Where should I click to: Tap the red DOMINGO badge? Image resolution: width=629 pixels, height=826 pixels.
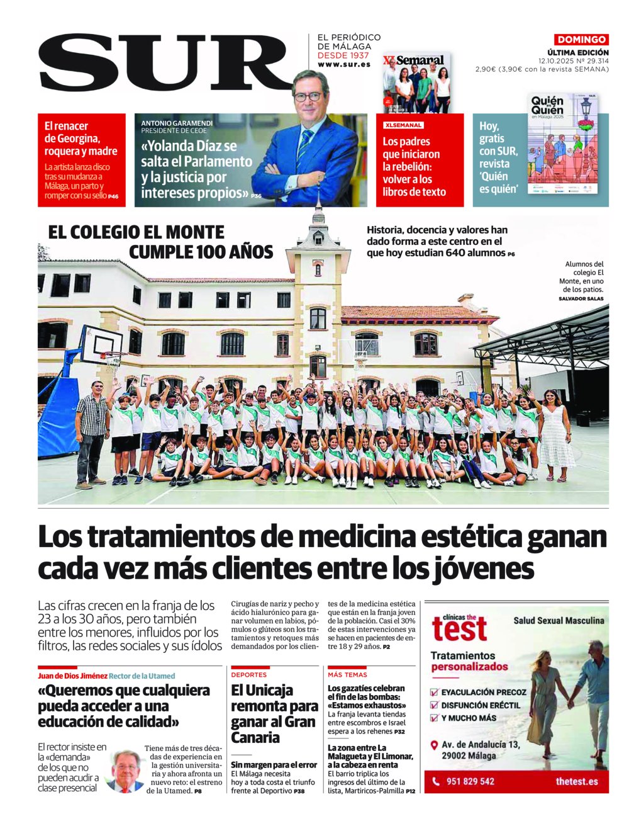pos(581,40)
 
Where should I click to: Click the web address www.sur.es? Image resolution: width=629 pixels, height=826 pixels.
pos(344,65)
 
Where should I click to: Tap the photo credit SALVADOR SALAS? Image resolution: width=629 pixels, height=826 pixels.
pos(581,298)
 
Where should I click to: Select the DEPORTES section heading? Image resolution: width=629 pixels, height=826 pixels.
pos(249,674)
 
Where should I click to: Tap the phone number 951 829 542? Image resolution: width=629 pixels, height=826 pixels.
pos(470,781)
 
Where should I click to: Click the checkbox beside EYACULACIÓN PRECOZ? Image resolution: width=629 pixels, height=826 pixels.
pos(433,692)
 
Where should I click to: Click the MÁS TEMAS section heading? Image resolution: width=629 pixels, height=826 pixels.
pos(347,674)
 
